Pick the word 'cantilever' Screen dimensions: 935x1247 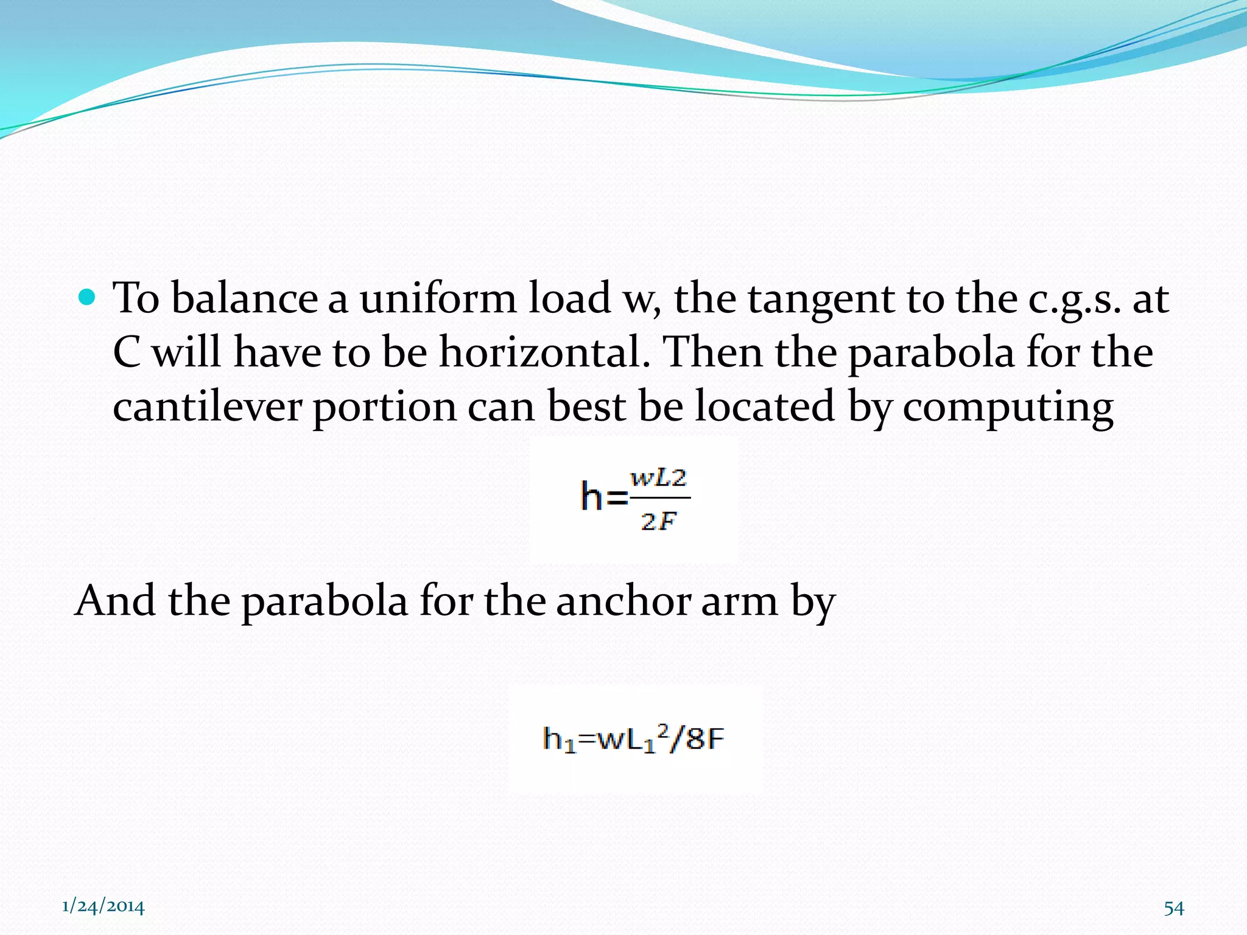pyautogui.click(x=208, y=407)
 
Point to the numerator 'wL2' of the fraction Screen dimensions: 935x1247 pyautogui.click(x=658, y=478)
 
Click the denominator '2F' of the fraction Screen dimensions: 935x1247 pyautogui.click(x=658, y=521)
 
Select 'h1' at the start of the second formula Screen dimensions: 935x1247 pyautogui.click(x=559, y=740)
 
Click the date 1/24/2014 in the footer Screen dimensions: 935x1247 pyautogui.click(x=104, y=907)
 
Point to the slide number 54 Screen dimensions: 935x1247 pyautogui.click(x=1174, y=908)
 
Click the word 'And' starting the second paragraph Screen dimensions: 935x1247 pyautogui.click(x=115, y=601)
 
